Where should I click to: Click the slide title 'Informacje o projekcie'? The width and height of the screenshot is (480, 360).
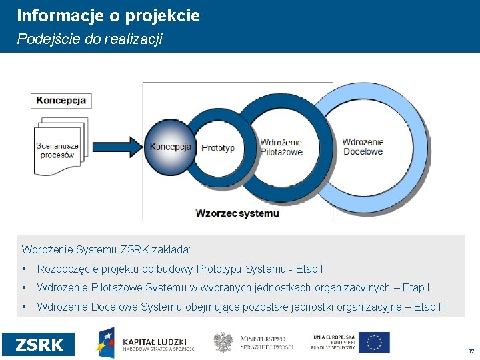click(x=108, y=16)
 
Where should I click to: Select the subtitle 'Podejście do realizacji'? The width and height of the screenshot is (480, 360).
click(x=89, y=39)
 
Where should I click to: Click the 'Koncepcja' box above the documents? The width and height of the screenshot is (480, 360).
click(x=61, y=101)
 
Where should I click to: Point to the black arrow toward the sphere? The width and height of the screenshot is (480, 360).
click(x=117, y=145)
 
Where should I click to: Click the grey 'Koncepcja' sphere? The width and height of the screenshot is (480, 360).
click(x=169, y=147)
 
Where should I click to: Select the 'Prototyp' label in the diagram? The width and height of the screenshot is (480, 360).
click(x=218, y=148)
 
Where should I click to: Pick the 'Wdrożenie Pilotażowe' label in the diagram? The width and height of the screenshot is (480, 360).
click(x=281, y=147)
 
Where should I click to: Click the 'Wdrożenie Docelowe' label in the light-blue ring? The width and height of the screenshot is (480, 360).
click(x=363, y=146)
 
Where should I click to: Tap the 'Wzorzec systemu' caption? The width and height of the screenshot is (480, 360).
click(x=237, y=213)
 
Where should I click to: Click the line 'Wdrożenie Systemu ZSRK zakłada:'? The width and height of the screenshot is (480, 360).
click(x=107, y=250)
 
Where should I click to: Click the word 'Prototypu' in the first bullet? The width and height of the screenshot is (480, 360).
click(x=220, y=269)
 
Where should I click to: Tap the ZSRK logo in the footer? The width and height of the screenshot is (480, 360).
click(x=39, y=345)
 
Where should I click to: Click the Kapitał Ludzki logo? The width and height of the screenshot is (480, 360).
click(x=147, y=343)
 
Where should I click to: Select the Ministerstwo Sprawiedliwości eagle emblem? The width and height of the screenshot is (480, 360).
click(x=223, y=343)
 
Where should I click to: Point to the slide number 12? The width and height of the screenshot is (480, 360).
click(x=471, y=351)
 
